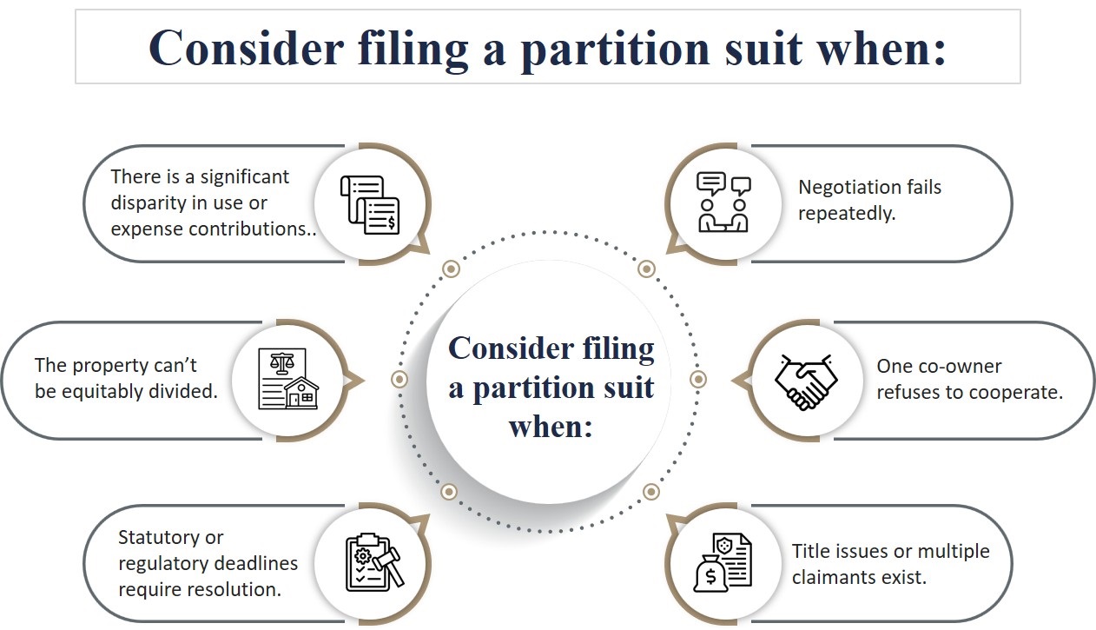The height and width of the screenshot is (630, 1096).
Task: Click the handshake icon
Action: click(x=806, y=381)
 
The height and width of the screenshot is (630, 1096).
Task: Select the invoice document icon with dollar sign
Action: click(x=370, y=204)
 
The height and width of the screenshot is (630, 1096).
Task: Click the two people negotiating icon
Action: click(x=723, y=202)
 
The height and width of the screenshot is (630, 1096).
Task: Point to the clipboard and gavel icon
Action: click(x=372, y=562)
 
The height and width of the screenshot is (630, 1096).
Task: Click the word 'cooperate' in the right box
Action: click(x=1016, y=392)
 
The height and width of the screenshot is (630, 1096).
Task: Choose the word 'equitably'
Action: click(x=99, y=391)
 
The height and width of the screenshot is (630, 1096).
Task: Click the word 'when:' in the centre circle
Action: click(x=550, y=426)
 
